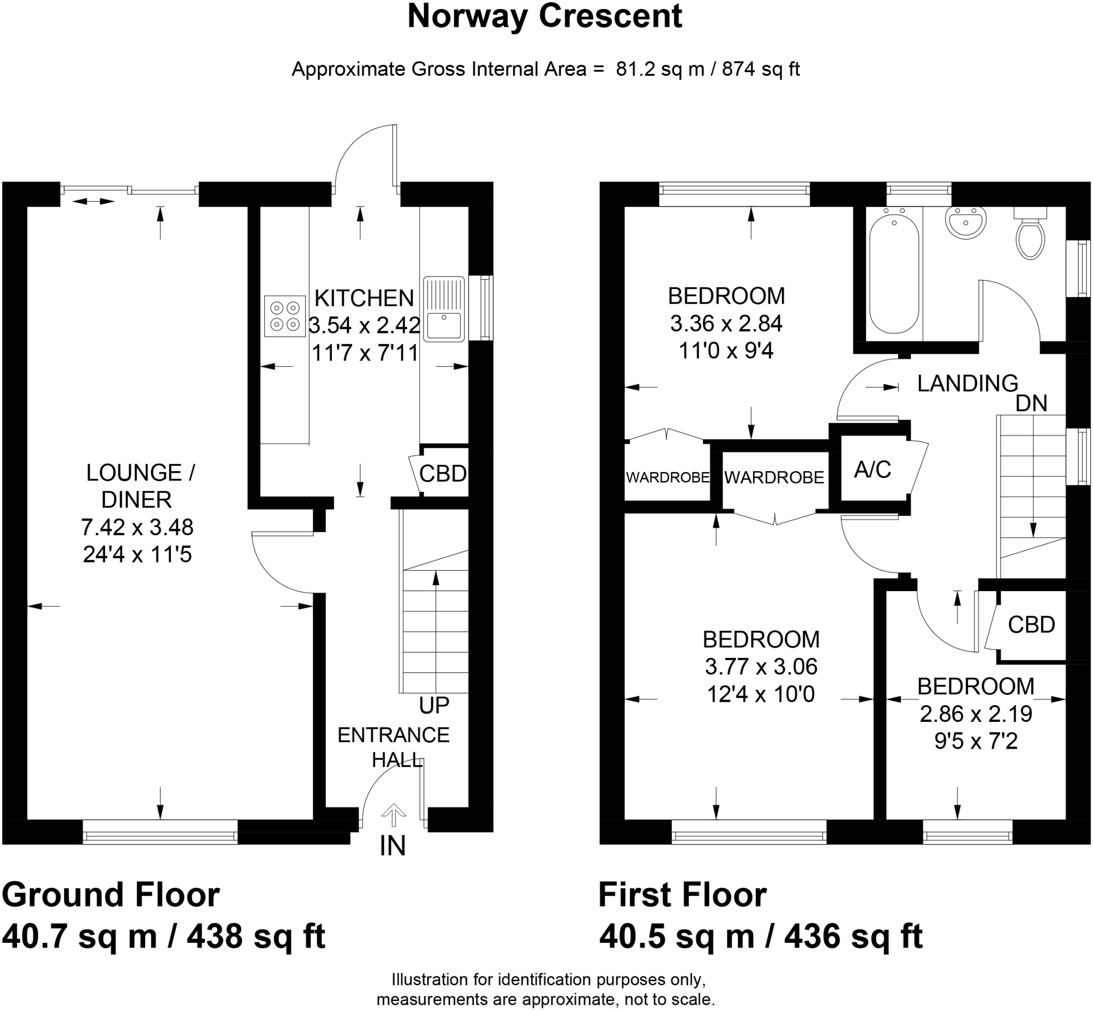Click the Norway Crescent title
[x=544, y=17]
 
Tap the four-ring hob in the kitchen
[x=285, y=316]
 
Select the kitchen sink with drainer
[x=443, y=308]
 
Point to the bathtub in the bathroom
[x=894, y=274]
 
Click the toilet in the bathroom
[x=1030, y=233]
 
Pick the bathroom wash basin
[x=965, y=222]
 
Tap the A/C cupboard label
[x=873, y=470]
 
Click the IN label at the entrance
[x=393, y=846]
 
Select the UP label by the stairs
[x=434, y=705]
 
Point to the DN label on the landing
[x=1031, y=403]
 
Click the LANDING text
[x=968, y=384]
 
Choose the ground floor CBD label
[x=443, y=473]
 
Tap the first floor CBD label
[x=1031, y=625]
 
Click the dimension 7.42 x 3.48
[x=137, y=527]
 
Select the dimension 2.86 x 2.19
[x=976, y=714]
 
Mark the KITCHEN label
[x=364, y=298]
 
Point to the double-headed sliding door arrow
[x=93, y=202]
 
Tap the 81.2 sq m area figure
[x=660, y=69]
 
